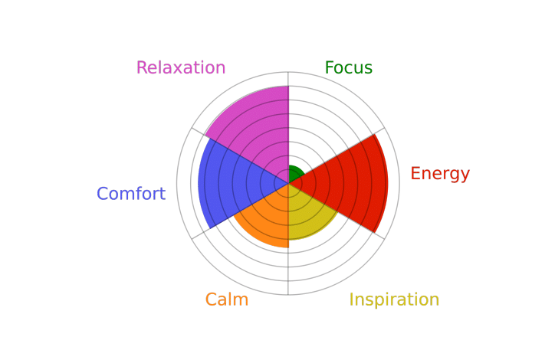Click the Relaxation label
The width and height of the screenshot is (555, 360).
click(x=181, y=68)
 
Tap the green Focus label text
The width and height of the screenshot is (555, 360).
click(x=348, y=68)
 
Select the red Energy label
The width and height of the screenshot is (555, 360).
click(x=439, y=174)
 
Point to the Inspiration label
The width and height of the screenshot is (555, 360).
click(x=394, y=299)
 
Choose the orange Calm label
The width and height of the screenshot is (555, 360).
click(x=226, y=299)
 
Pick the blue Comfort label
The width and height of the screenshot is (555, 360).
click(x=130, y=194)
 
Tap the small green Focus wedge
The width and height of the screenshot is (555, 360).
click(x=294, y=174)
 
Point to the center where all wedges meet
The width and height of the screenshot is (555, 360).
click(x=288, y=183)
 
